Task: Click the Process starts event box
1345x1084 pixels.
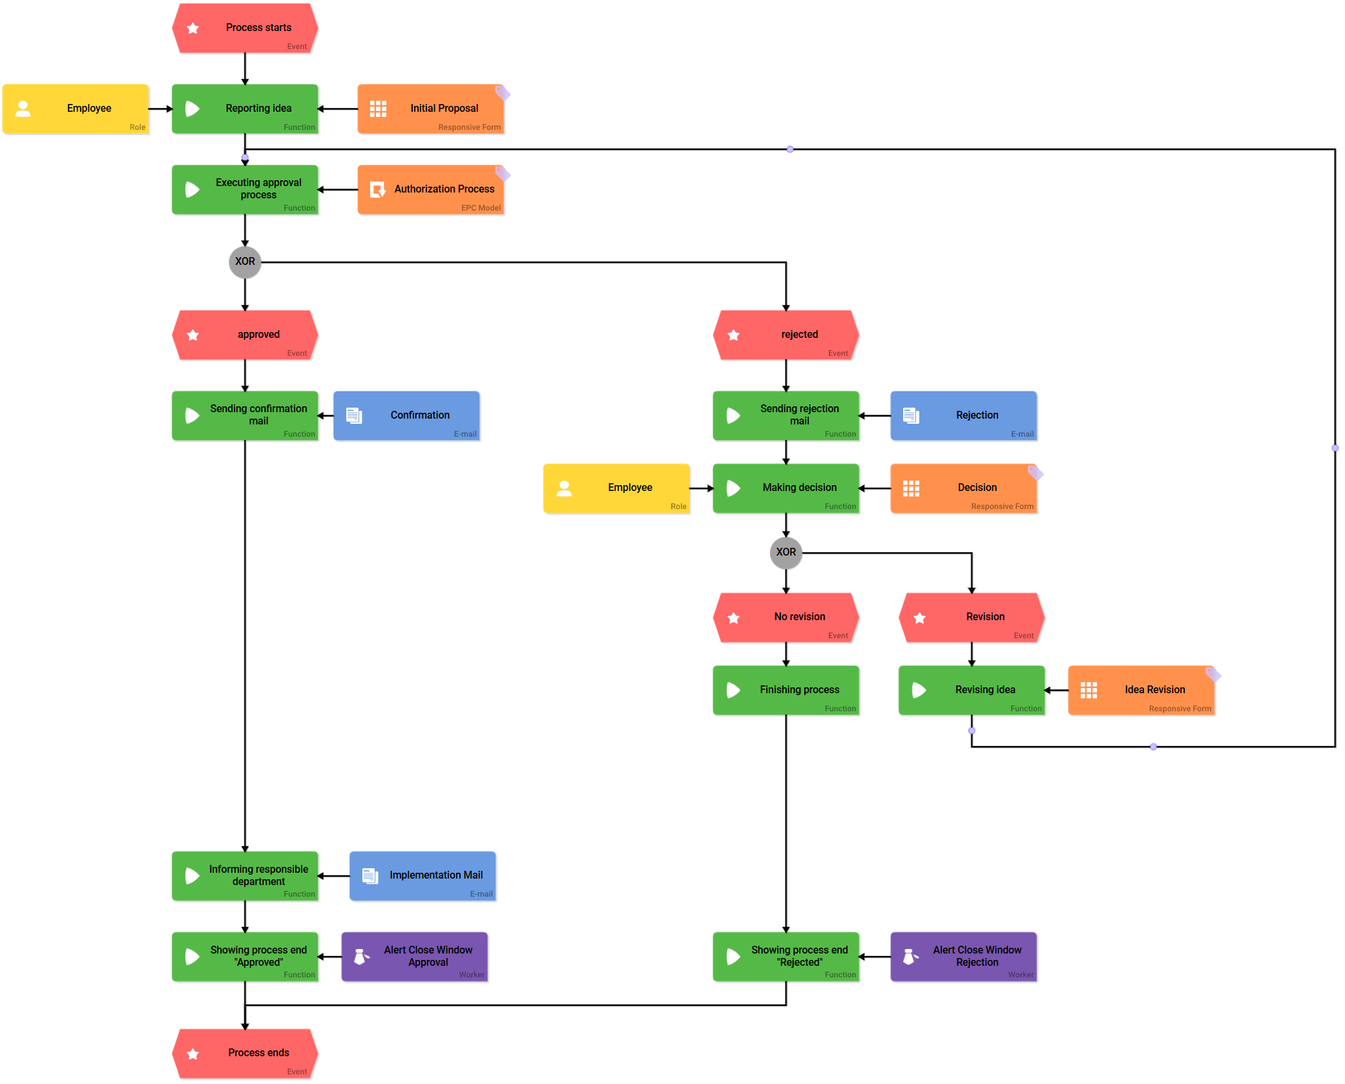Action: coord(245,28)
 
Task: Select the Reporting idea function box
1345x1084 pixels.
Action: coord(245,109)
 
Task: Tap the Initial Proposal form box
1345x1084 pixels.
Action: coord(430,109)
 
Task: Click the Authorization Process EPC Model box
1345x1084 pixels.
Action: coord(430,189)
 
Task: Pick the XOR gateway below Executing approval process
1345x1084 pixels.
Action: coord(245,262)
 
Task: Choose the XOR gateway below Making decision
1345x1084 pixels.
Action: coord(786,552)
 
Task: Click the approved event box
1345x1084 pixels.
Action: coord(245,335)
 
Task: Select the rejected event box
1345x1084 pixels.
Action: coord(786,335)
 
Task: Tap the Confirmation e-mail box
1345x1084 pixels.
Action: coord(406,415)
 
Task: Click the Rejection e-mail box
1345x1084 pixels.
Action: coord(963,415)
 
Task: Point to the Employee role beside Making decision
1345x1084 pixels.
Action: coord(616,488)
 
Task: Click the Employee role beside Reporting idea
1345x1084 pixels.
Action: coord(76,109)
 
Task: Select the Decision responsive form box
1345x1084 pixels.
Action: coord(963,488)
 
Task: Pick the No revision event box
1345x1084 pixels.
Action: coord(786,617)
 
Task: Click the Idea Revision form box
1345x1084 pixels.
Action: coord(1141,690)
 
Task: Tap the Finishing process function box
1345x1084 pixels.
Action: coord(786,690)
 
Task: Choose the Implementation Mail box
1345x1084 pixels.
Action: coord(422,875)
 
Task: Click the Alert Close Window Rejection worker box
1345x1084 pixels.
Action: coord(963,956)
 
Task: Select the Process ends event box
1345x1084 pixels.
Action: coord(245,1053)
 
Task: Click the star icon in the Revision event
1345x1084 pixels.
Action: coord(919,618)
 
